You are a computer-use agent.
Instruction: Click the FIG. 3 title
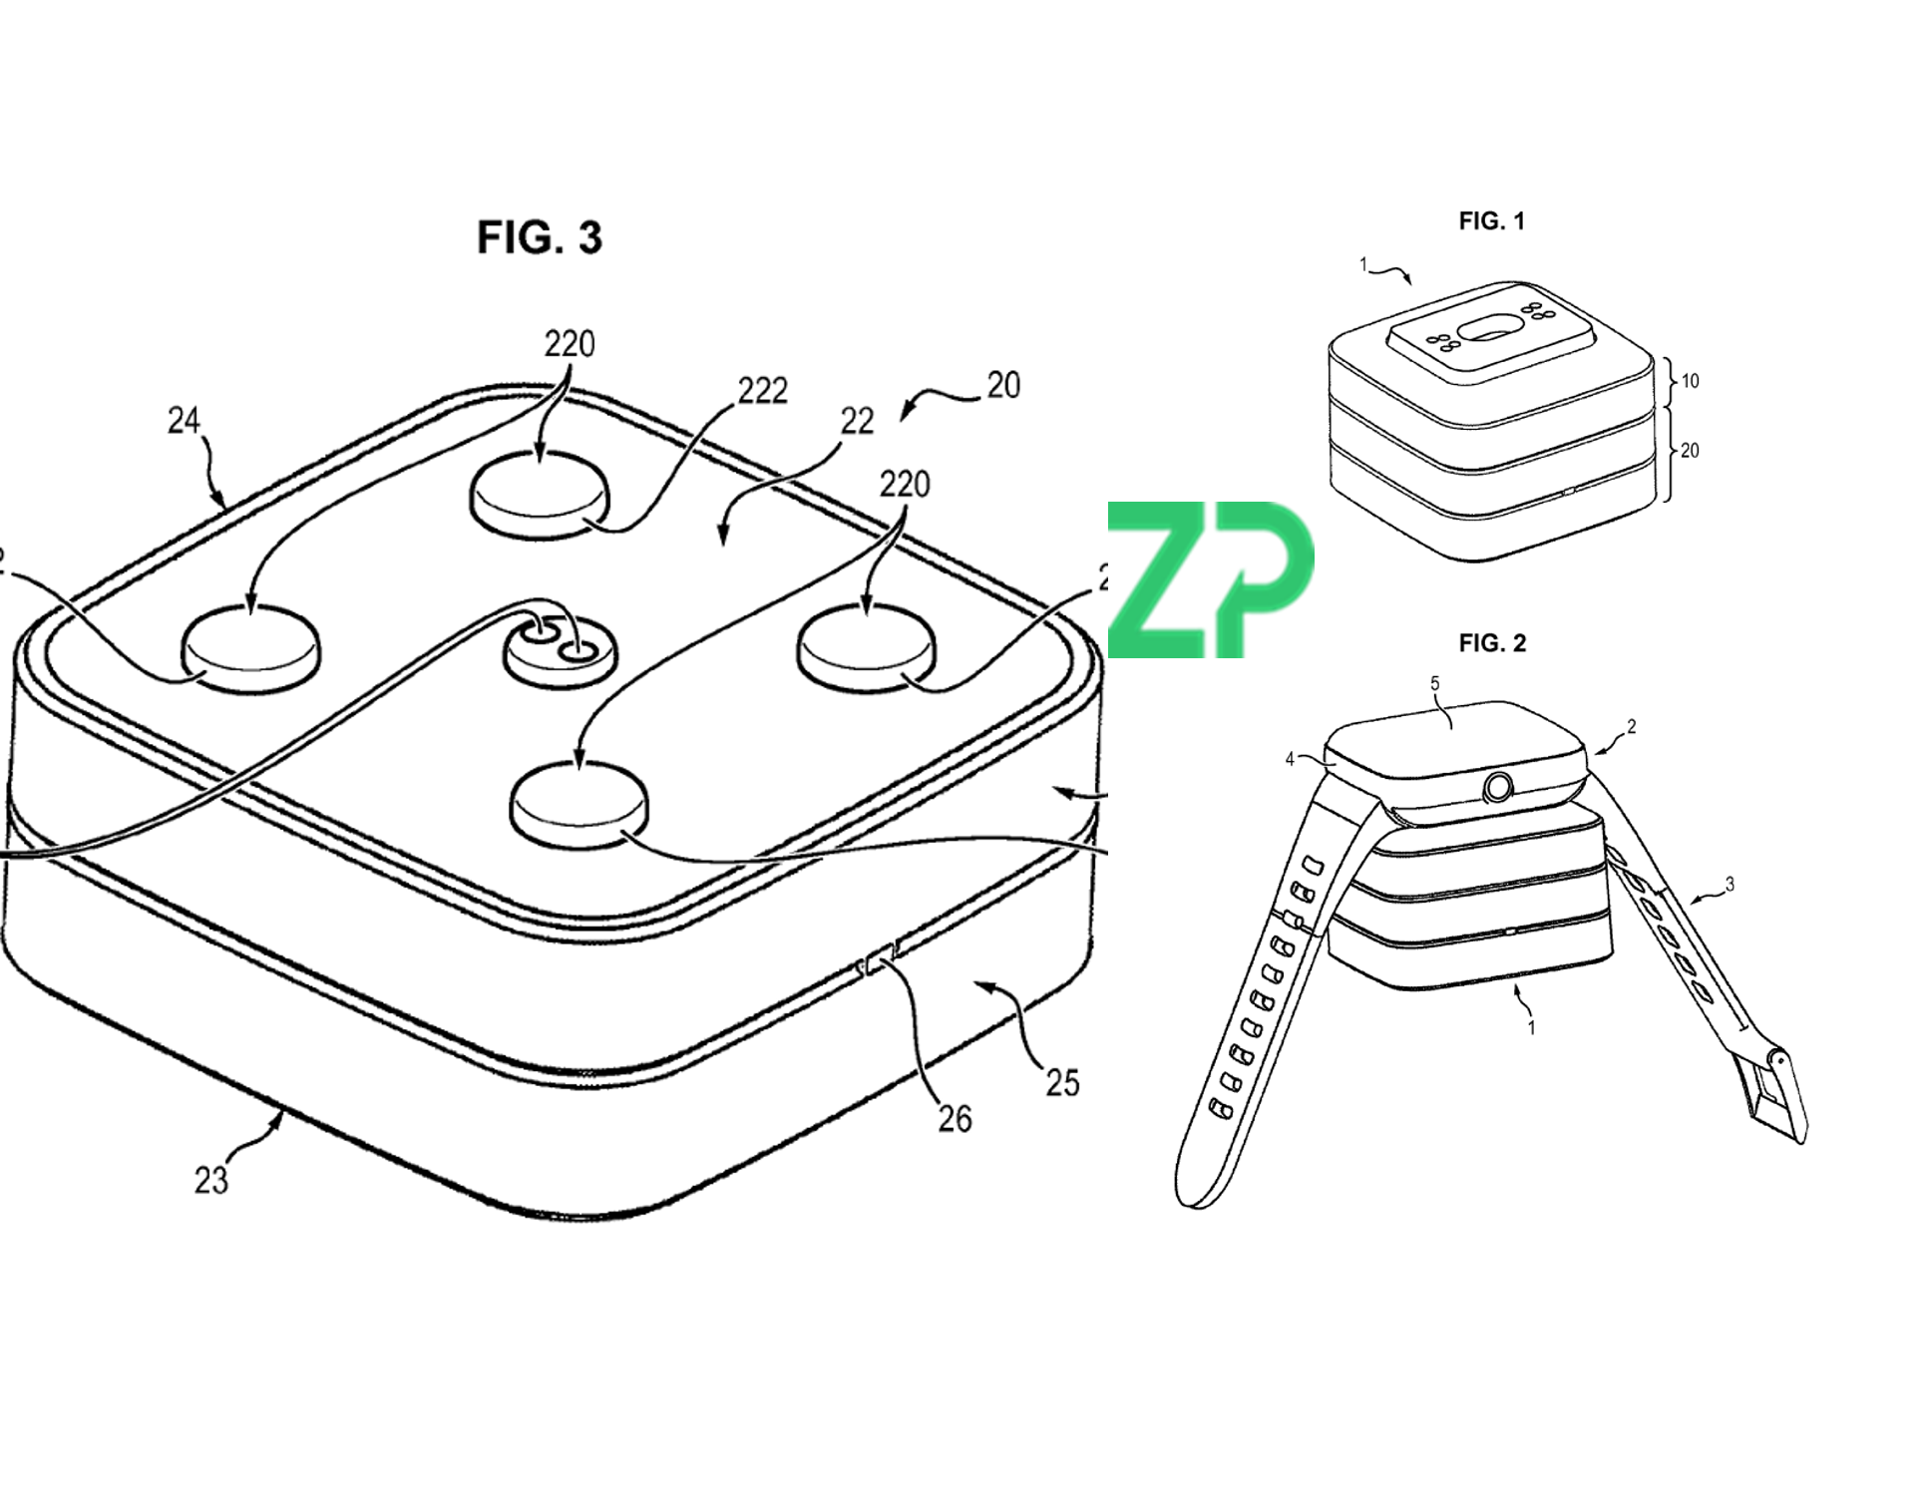click(x=540, y=237)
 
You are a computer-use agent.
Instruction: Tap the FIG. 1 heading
click(x=1491, y=221)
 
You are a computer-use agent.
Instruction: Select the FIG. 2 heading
click(x=1492, y=643)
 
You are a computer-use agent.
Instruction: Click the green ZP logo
click(x=1210, y=579)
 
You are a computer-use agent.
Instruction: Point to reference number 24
click(x=184, y=421)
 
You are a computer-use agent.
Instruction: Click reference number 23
click(x=210, y=1180)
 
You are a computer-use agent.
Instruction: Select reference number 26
click(x=955, y=1119)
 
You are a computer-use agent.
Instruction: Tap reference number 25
click(x=1062, y=1082)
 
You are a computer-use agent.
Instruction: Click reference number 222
click(x=762, y=390)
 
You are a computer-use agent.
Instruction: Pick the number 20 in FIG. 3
click(x=1003, y=385)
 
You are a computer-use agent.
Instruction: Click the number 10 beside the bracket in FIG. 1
click(x=1690, y=381)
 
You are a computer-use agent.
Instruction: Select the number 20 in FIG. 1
click(x=1690, y=451)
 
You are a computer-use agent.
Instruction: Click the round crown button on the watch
click(x=1497, y=788)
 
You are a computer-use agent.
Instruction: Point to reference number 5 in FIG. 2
click(x=1435, y=683)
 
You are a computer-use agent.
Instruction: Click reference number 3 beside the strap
click(x=1730, y=884)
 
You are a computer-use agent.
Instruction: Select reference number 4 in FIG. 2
click(x=1290, y=759)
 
